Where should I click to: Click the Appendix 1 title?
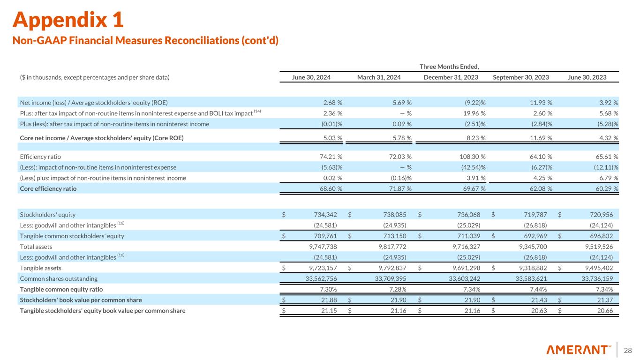coord(68,20)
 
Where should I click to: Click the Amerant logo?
coord(579,350)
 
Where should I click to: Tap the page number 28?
coord(627,350)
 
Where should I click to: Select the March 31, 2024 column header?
coord(379,77)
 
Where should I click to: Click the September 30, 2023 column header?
coord(521,77)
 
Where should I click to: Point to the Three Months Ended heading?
coord(449,67)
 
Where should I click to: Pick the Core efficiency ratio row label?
coord(48,188)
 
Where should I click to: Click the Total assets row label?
coord(36,247)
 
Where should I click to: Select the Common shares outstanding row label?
coord(59,278)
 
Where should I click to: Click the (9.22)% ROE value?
coord(475,103)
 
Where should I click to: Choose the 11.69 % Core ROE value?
coord(541,138)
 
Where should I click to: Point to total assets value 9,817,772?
coord(392,247)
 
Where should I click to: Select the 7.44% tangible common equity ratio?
coord(538,289)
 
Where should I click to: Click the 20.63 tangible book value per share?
coord(539,311)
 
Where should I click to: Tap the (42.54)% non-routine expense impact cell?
coord(474,167)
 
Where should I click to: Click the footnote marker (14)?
coord(257,111)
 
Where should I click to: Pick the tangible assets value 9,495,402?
coord(599,268)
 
